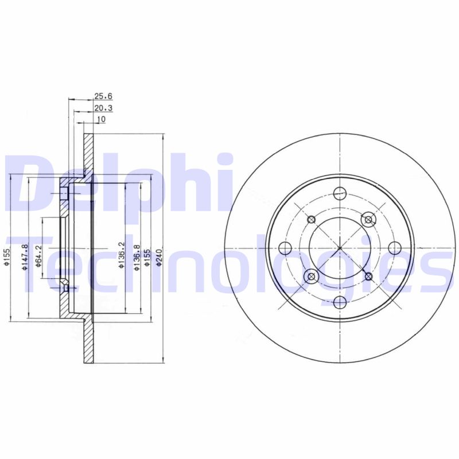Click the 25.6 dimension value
(x=101, y=96)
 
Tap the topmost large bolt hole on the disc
(x=340, y=193)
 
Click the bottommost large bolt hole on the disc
(x=340, y=304)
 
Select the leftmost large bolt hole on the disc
(x=285, y=248)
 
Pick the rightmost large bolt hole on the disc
(x=395, y=248)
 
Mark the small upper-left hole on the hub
(x=312, y=220)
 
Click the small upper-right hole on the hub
(x=368, y=220)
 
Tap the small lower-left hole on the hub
(x=312, y=277)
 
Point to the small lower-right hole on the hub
(x=368, y=277)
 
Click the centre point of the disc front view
(x=340, y=248)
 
